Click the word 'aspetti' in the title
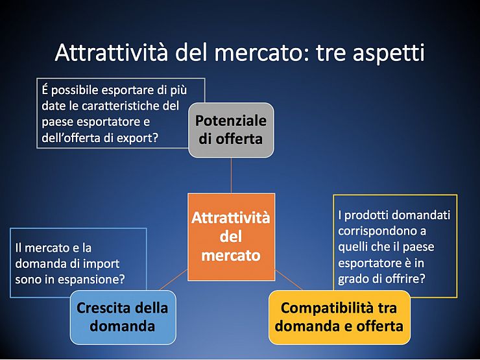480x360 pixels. click(389, 53)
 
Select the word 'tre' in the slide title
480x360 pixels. click(331, 53)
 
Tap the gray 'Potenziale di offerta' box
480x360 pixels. click(231, 130)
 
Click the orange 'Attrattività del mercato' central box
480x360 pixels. click(231, 237)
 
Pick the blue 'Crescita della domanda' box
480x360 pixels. click(123, 317)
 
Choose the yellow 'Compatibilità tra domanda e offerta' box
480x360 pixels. click(339, 317)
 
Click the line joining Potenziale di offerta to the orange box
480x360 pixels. click(231, 175)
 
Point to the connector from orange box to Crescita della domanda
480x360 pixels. click(174, 280)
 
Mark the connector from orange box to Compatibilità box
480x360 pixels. click(289, 280)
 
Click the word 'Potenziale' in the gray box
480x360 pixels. click(231, 121)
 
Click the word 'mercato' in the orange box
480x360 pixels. click(231, 256)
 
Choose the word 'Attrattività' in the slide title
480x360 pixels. click(112, 53)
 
